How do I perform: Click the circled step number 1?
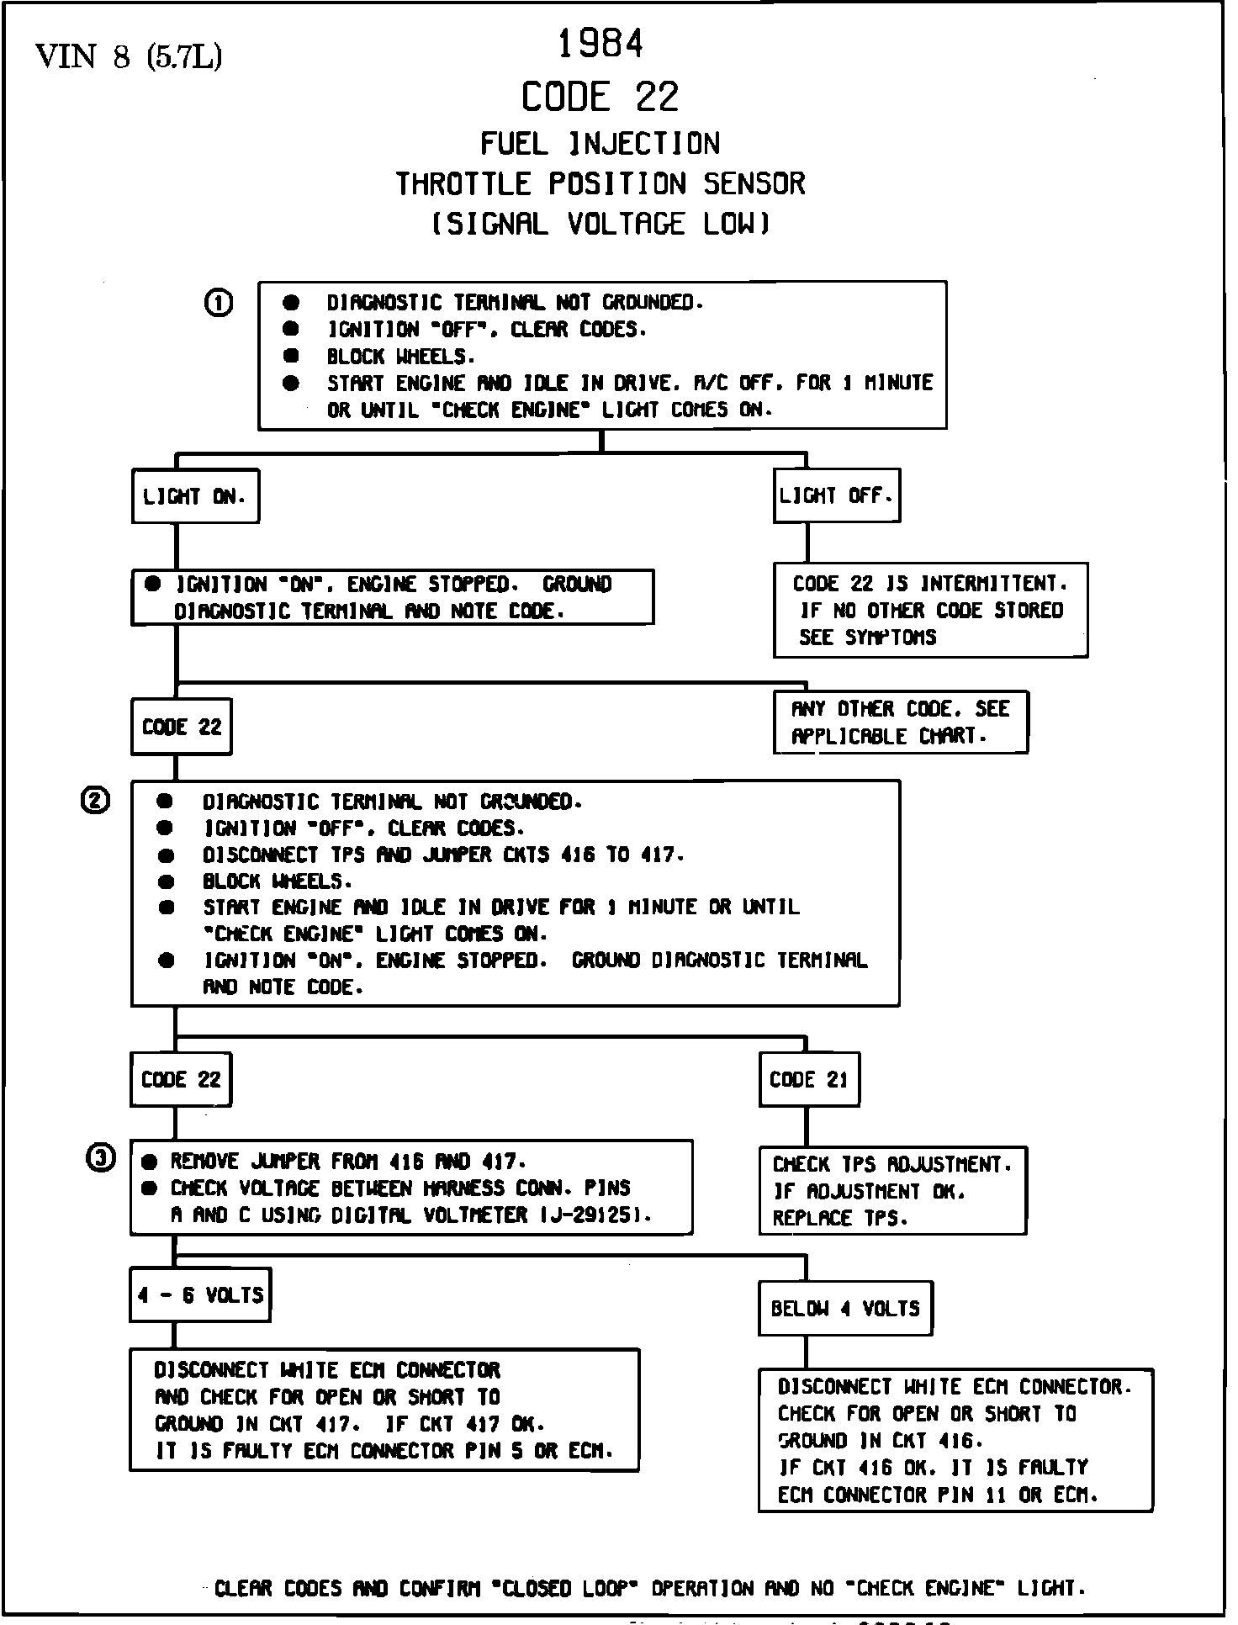click(x=219, y=302)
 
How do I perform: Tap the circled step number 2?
click(x=95, y=801)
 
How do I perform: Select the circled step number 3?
click(x=100, y=1159)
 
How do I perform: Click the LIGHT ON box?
click(x=195, y=496)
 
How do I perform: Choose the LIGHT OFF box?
click(x=836, y=495)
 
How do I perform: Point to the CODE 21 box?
click(x=808, y=1080)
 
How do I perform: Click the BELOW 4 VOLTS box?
click(x=845, y=1309)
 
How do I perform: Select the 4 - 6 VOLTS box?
click(x=200, y=1295)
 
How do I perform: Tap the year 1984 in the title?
click(x=600, y=44)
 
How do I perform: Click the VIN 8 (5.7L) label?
click(x=129, y=56)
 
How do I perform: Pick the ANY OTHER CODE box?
click(x=900, y=723)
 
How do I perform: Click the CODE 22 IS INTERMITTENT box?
click(x=930, y=610)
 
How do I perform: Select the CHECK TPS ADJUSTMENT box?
click(x=892, y=1191)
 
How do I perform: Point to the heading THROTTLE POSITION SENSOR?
click(x=600, y=183)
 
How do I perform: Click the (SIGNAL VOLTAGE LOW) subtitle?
click(x=600, y=224)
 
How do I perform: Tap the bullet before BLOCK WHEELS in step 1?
click(x=291, y=356)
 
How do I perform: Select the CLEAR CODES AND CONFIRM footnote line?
click(x=649, y=1589)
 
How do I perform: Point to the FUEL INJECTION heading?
click(x=600, y=144)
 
